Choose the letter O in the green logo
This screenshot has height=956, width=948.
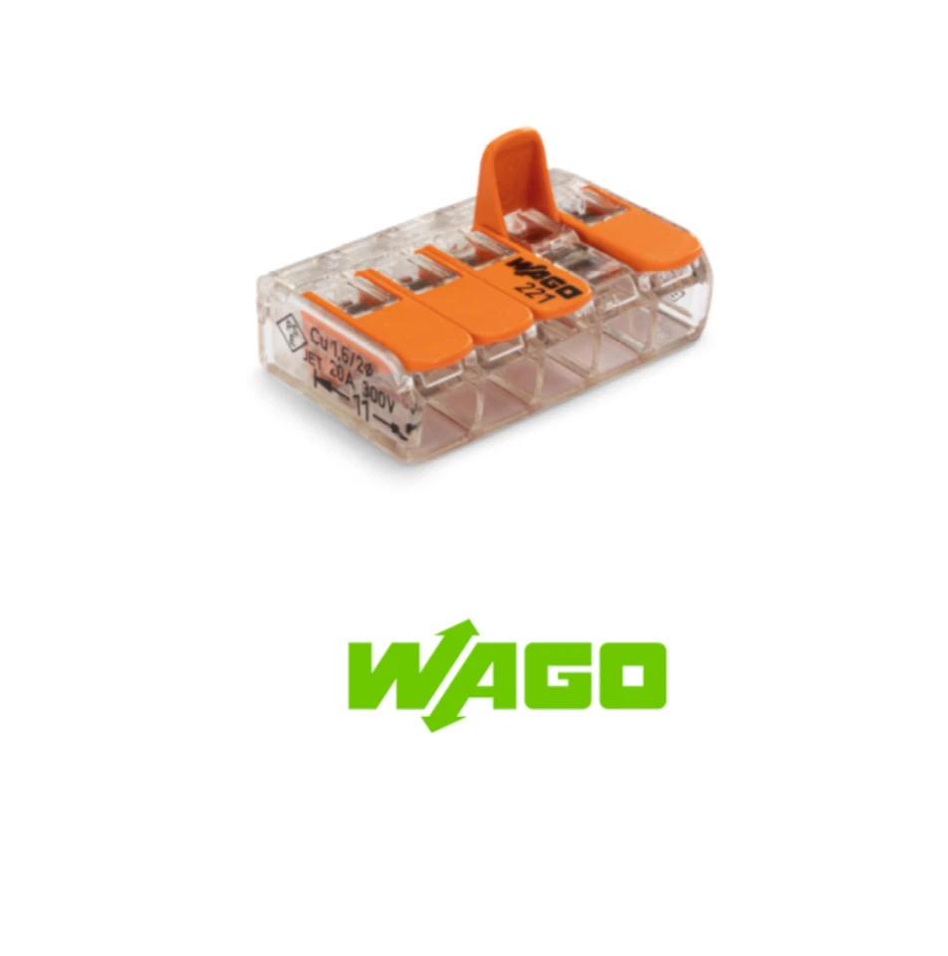626,676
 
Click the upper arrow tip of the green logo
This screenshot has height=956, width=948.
469,625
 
